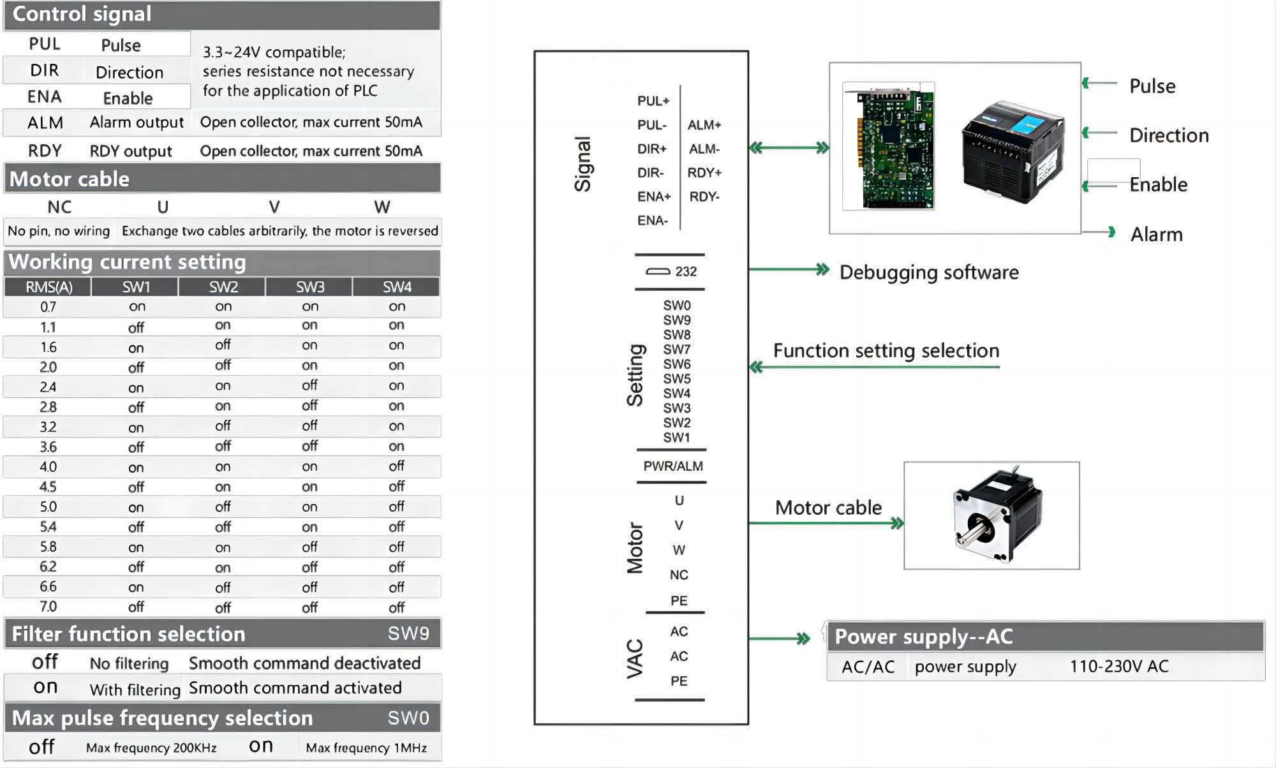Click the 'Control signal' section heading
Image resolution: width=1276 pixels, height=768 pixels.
82,14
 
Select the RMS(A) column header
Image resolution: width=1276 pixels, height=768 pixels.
48,287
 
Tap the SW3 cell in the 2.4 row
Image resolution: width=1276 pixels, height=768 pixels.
309,385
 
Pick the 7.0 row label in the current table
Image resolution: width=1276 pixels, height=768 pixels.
48,607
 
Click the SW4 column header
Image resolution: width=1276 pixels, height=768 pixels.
397,287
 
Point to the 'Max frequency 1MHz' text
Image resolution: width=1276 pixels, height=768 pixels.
366,748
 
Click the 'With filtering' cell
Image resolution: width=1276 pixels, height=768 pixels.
135,690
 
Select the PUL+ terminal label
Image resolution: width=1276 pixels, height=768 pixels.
653,101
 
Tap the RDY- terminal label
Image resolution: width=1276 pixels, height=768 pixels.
704,196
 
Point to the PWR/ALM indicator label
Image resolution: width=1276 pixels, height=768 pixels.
673,466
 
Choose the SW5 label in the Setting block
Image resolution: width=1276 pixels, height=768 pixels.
676,379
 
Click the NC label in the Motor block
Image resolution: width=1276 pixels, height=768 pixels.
679,575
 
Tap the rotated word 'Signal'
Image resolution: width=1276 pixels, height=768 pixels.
583,164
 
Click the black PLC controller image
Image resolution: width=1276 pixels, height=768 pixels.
1013,152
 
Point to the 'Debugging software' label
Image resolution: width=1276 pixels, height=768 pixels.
929,272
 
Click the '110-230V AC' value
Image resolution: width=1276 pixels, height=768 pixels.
1119,667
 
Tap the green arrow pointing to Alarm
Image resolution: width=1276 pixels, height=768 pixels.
1099,232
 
